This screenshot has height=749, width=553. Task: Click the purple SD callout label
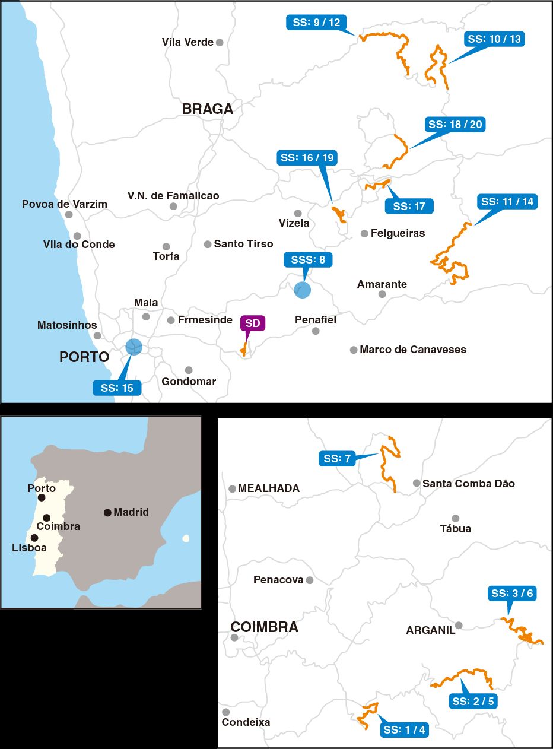[252, 323]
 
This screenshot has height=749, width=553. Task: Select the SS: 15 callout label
[117, 388]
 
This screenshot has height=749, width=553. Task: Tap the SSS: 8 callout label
[308, 259]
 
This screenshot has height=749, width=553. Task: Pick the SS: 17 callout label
[409, 206]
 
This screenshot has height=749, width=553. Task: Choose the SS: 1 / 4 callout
[404, 730]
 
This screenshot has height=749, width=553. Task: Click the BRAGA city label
[208, 109]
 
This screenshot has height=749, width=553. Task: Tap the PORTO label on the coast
[84, 357]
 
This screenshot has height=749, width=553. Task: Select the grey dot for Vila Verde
[220, 42]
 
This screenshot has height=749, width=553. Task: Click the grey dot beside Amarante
[382, 294]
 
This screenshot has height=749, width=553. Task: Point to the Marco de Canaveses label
[413, 350]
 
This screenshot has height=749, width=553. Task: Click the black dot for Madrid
[107, 513]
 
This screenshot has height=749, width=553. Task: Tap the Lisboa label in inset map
[29, 548]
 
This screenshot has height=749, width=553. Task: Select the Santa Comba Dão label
[468, 484]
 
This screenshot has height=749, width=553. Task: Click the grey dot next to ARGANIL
[459, 625]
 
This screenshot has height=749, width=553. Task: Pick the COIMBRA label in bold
[264, 627]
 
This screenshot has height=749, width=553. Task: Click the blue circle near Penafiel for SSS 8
[302, 290]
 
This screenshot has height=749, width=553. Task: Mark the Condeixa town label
[246, 722]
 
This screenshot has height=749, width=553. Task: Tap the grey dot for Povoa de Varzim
[69, 215]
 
